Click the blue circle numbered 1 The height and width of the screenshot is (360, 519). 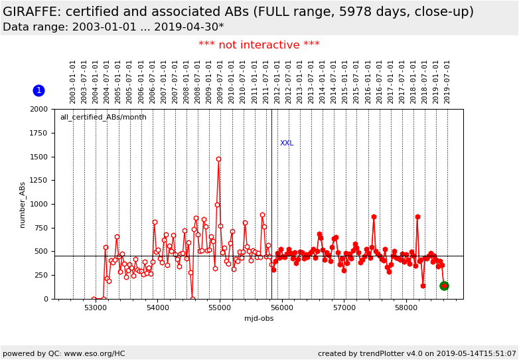click(38, 90)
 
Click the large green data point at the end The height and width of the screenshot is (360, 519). click(444, 286)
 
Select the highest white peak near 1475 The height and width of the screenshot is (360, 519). click(218, 159)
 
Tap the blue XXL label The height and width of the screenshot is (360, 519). click(287, 143)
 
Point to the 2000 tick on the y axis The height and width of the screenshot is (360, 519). click(39, 110)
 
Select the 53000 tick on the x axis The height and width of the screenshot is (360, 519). click(95, 308)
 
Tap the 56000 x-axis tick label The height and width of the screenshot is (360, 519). click(281, 308)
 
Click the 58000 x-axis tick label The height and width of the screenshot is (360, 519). click(406, 308)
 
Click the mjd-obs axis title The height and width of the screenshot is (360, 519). click(259, 319)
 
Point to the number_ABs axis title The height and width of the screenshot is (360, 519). click(23, 205)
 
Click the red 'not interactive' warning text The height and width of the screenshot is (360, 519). click(259, 45)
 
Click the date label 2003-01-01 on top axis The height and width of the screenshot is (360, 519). click(73, 81)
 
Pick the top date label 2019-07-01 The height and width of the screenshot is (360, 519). click(447, 81)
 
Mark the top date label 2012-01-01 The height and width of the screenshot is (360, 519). click(277, 81)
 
